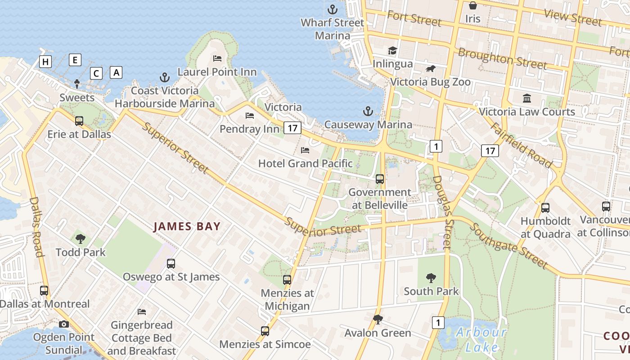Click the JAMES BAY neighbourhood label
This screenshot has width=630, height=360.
(187, 226)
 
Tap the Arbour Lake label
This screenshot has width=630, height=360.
(481, 340)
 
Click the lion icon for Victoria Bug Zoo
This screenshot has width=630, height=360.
(431, 69)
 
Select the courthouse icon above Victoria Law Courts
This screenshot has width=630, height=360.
(526, 98)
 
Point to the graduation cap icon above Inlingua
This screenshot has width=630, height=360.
(393, 50)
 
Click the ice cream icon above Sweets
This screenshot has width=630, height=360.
(77, 84)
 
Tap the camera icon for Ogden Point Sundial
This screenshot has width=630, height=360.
(64, 324)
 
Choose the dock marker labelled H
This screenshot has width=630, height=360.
(45, 62)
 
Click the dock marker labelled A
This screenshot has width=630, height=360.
(116, 72)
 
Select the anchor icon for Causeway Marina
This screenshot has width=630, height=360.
(368, 111)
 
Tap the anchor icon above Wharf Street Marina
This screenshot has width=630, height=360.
(332, 9)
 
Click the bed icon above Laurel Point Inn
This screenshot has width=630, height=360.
(217, 58)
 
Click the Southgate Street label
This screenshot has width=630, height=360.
(508, 245)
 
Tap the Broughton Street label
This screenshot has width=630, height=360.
(502, 59)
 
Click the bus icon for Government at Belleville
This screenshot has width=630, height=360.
(380, 179)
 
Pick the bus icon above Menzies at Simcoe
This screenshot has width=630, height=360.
(265, 331)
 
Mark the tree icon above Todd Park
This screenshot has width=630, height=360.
(81, 239)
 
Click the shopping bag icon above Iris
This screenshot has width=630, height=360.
(473, 5)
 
